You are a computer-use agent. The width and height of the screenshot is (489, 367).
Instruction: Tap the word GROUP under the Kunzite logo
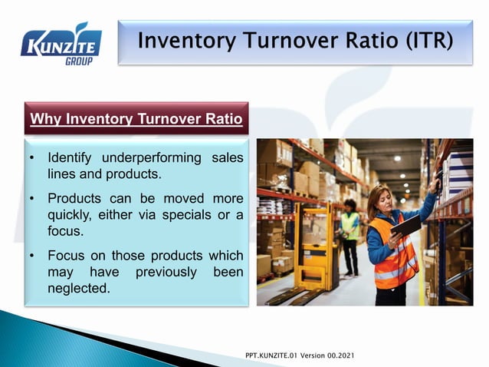[78, 61]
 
